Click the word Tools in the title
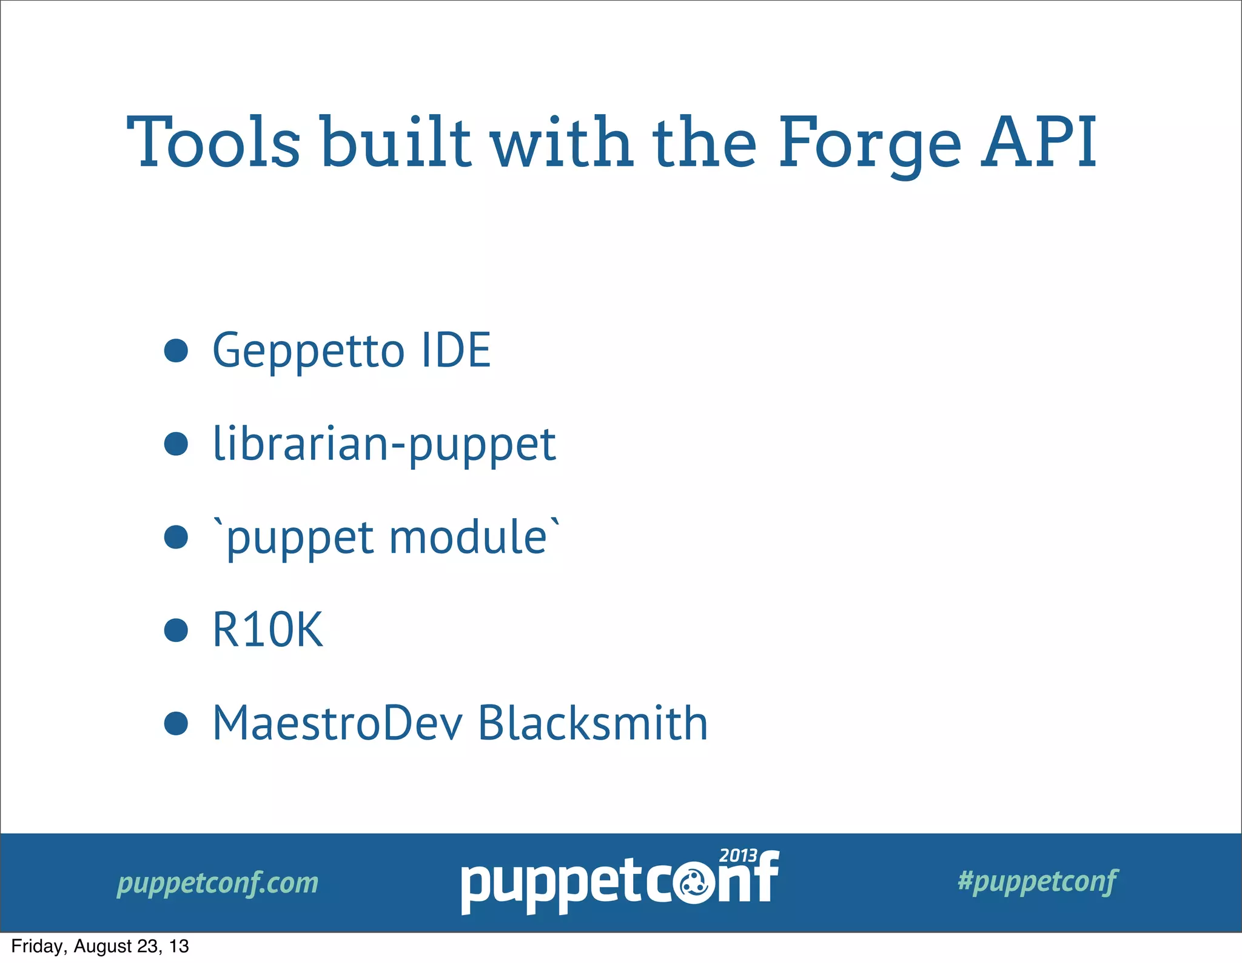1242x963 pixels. pyautogui.click(x=213, y=143)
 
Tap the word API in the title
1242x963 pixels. pyautogui.click(x=1039, y=143)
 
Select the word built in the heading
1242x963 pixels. pyautogui.click(x=395, y=143)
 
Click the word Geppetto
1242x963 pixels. pyautogui.click(x=308, y=351)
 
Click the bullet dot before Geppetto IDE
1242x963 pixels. pyautogui.click(x=176, y=351)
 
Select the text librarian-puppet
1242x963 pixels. pyautogui.click(x=384, y=444)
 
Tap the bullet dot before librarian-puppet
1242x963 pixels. pyautogui.click(x=176, y=444)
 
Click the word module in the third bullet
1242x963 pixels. pyautogui.click(x=468, y=537)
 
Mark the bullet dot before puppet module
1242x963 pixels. pyautogui.click(x=176, y=537)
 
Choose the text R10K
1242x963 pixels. pyautogui.click(x=267, y=630)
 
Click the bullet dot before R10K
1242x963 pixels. pyautogui.click(x=176, y=630)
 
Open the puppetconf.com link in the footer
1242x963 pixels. pyautogui.click(x=218, y=883)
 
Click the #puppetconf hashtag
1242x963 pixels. pyautogui.click(x=1038, y=881)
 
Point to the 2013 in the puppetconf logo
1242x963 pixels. pyautogui.click(x=737, y=856)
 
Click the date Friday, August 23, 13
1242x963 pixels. pyautogui.click(x=100, y=947)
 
